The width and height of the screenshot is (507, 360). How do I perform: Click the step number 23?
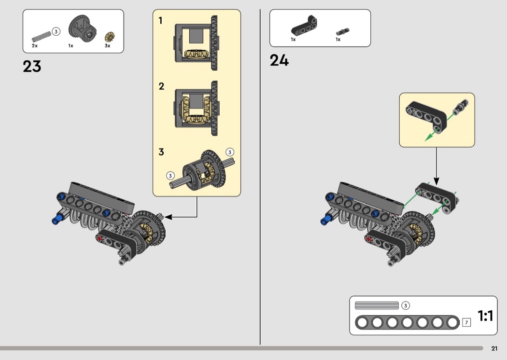pyautogui.click(x=32, y=66)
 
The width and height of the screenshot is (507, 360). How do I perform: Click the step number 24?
pyautogui.click(x=279, y=60)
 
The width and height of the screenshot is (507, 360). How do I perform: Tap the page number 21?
pyautogui.click(x=494, y=348)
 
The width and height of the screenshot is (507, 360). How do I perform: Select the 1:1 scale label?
pyautogui.click(x=485, y=316)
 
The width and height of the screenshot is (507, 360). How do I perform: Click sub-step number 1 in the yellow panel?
pyautogui.click(x=160, y=21)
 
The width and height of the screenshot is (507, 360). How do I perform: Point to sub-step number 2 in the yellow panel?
pyautogui.click(x=161, y=86)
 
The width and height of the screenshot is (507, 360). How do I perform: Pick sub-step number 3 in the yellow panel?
pyautogui.click(x=161, y=152)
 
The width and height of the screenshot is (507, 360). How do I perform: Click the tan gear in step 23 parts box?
pyautogui.click(x=110, y=37)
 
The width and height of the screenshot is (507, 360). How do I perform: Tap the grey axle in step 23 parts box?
pyautogui.click(x=42, y=36)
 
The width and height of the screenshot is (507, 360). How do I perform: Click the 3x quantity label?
pyautogui.click(x=107, y=46)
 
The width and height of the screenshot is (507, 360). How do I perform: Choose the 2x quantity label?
pyautogui.click(x=35, y=46)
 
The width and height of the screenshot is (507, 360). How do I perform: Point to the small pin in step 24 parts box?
pyautogui.click(x=343, y=32)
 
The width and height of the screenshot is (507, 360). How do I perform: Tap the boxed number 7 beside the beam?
pyautogui.click(x=466, y=322)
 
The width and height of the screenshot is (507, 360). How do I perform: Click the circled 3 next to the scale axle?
pyautogui.click(x=406, y=305)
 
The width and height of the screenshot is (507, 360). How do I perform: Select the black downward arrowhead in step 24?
pyautogui.click(x=436, y=181)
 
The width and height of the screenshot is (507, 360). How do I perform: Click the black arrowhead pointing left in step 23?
pyautogui.click(x=168, y=217)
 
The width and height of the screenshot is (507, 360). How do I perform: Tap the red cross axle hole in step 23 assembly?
pyautogui.click(x=100, y=238)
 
